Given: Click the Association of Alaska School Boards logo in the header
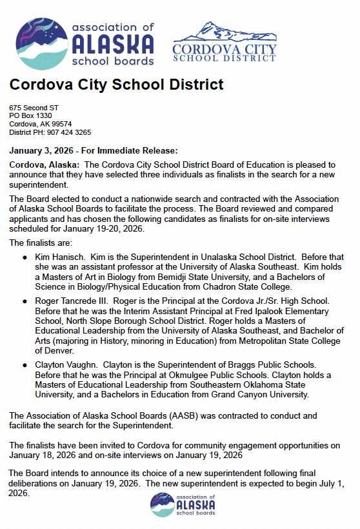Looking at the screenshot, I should [x=85, y=43].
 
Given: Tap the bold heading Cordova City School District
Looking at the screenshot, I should [x=116, y=85].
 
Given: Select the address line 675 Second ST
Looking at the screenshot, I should [x=34, y=107].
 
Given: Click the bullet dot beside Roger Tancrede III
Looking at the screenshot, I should [x=25, y=301].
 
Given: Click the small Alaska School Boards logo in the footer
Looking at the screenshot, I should [x=179, y=504].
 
